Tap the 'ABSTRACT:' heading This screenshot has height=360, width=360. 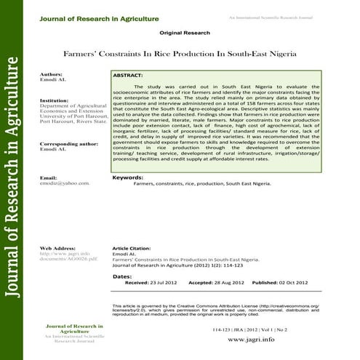[129, 75]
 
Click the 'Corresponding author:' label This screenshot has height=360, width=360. [69, 144]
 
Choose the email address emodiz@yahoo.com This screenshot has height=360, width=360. [65, 183]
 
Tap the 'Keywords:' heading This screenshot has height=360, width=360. [128, 177]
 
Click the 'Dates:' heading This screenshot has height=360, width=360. [122, 276]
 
